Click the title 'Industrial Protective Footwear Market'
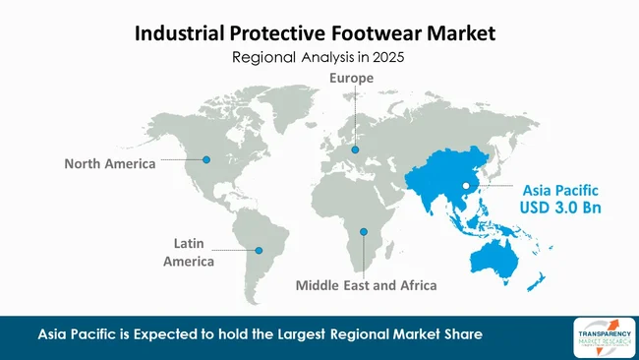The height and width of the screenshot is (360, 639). click(x=319, y=33)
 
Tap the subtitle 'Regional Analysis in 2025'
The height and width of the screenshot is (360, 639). click(x=319, y=58)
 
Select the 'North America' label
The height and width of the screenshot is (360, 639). click(x=110, y=163)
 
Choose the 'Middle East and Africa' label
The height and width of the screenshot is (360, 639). click(x=366, y=286)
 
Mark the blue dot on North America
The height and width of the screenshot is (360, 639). click(x=205, y=157)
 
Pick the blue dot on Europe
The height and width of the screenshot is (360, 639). click(x=355, y=150)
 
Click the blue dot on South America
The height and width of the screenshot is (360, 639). click(x=260, y=250)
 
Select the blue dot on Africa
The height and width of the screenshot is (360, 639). click(x=364, y=232)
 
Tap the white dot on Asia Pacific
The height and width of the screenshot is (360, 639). click(x=466, y=185)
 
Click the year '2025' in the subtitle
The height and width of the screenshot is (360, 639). click(x=388, y=58)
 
